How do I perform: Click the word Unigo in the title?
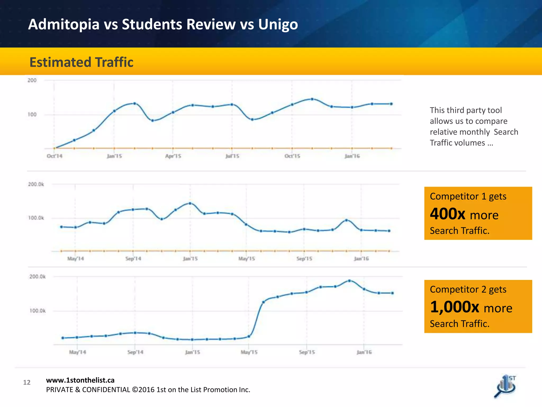[278, 24]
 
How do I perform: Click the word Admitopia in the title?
[64, 24]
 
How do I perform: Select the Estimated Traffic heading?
[81, 62]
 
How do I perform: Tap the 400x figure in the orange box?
[447, 214]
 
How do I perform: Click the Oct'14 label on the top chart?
[55, 156]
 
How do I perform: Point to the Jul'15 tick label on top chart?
[232, 156]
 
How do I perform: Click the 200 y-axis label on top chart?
[32, 80]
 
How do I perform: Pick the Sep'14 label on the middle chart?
[133, 259]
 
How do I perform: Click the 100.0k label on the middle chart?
[36, 218]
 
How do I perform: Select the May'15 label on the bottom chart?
[249, 352]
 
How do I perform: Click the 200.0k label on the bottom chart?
[37, 277]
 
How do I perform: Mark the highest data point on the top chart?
[312, 99]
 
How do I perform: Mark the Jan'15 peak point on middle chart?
[190, 203]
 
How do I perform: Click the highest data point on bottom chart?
[349, 281]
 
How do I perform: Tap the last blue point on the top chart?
[391, 104]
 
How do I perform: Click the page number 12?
[27, 382]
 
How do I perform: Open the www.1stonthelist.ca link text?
[80, 380]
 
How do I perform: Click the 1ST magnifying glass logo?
[505, 387]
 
